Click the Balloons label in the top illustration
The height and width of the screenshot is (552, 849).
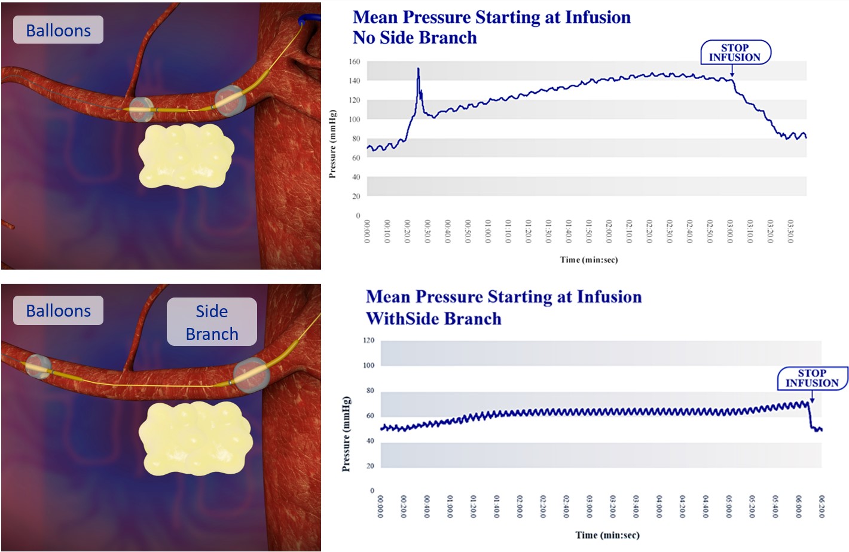click(58, 30)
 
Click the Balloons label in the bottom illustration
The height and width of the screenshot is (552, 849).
click(58, 311)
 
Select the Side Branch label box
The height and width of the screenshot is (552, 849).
click(212, 322)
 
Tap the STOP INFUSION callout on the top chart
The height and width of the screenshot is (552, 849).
click(735, 53)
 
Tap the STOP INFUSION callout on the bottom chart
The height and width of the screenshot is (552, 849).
click(811, 378)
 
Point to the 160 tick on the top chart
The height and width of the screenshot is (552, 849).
click(354, 62)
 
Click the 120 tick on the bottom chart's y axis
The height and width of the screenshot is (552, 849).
click(368, 341)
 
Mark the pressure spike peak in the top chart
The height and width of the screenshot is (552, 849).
click(418, 69)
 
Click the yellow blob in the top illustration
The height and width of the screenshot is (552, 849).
click(185, 155)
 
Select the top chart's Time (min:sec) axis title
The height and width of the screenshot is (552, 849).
click(588, 260)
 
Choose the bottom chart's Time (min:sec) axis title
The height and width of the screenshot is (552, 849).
click(607, 535)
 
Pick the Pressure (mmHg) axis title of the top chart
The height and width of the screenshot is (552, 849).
click(332, 144)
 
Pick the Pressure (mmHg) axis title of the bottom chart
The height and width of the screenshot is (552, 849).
click(346, 434)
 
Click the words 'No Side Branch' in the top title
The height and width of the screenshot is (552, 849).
click(414, 38)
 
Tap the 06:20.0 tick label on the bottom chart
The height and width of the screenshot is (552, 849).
click(821, 507)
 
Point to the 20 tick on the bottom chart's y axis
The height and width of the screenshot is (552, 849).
click(370, 466)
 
